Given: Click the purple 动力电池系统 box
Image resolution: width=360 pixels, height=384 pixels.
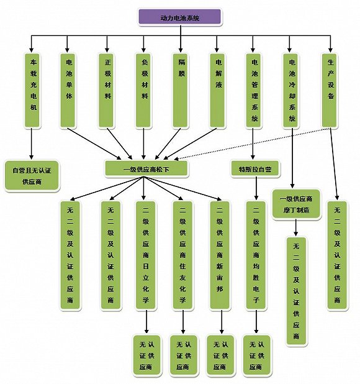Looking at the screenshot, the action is point(180,17).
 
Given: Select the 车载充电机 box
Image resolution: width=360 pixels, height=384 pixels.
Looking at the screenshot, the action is point(32,90).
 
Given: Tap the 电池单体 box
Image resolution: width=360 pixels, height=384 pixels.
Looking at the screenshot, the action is point(68,90).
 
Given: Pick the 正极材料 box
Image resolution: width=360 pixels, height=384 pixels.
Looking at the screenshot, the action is point(106,90).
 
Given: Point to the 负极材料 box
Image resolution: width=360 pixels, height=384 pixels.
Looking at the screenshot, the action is point(143,90).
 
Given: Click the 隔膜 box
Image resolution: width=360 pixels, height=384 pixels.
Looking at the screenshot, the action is point(181,90).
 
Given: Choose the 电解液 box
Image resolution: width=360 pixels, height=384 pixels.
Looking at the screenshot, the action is point(218,90).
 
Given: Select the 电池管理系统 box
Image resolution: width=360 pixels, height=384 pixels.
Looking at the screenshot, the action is point(254,90).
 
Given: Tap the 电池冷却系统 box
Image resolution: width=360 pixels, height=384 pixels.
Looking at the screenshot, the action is point(290,90).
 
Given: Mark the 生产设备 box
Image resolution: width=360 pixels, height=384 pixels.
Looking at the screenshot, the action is point(330,90).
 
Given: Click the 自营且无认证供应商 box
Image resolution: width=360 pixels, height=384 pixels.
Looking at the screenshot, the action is point(32,176).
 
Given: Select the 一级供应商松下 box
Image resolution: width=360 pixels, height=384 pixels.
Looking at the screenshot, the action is point(146,168).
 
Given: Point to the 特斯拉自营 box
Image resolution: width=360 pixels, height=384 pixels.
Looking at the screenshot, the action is point(255,168).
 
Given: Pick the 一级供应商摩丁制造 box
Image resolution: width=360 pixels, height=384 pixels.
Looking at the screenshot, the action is point(296,204).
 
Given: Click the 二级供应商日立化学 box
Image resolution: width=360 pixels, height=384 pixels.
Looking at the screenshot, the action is point(146,255).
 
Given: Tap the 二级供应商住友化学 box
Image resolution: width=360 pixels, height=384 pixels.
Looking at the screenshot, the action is point(182,255).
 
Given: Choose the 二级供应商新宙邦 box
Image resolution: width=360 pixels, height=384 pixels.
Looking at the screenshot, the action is point(220,255).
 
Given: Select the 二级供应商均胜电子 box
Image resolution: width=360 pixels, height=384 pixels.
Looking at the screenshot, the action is point(256,255).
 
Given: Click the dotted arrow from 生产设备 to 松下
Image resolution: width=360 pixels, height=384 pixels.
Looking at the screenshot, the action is point(252,144).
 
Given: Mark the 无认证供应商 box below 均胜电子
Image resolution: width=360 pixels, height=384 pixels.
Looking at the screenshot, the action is point(256,355).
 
